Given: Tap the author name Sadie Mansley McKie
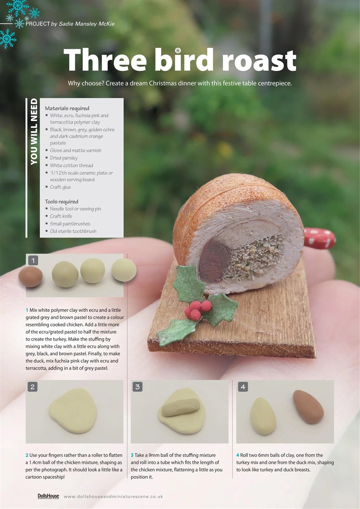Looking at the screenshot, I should (86, 24).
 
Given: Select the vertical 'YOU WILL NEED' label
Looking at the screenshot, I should (34, 131).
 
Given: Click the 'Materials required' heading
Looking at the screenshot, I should (67, 108).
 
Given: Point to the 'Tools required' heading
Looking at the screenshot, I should (61, 202).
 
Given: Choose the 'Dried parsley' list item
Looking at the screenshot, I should (64, 158).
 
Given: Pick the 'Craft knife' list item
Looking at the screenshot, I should (61, 216).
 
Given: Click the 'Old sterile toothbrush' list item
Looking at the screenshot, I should (73, 231).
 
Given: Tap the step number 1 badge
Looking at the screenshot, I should (33, 260).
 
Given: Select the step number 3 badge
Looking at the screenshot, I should (138, 387).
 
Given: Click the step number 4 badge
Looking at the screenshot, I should (243, 387).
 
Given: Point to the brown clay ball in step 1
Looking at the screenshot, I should (31, 277).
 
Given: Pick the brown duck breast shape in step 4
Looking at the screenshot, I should (307, 406).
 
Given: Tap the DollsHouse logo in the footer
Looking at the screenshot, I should (48, 496).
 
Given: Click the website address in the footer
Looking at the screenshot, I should (113, 496).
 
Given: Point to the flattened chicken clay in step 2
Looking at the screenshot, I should (74, 411).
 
